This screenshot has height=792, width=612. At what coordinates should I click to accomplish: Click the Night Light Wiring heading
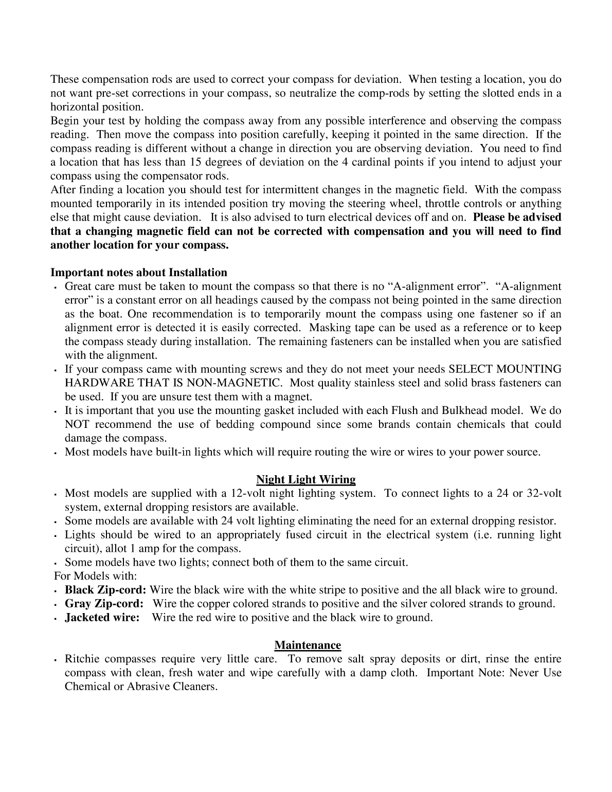(x=306, y=480)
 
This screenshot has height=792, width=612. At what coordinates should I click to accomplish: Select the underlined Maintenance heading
(x=308, y=645)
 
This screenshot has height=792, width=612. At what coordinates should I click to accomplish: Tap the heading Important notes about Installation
(x=139, y=273)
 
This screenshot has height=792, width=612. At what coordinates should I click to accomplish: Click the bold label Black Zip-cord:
(x=106, y=590)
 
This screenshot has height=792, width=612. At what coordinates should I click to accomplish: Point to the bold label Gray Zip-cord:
(x=104, y=604)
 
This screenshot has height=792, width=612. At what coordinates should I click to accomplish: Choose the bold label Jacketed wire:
(x=102, y=618)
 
